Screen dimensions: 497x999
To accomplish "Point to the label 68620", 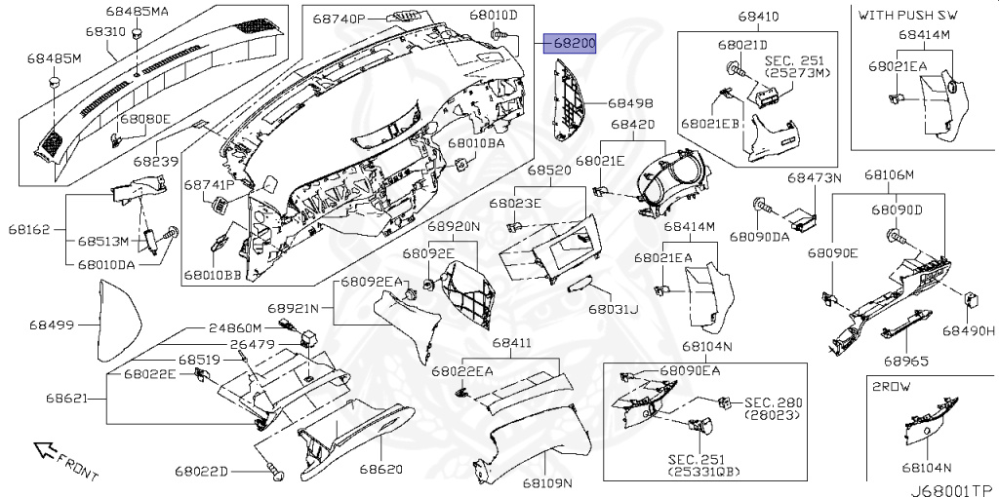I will point(380,469).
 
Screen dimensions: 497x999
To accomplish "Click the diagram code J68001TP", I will point(951,489).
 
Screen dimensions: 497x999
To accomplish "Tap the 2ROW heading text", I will point(892,385).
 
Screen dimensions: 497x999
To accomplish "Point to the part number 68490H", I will point(968,331).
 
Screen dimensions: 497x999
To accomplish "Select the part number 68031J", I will point(612,309).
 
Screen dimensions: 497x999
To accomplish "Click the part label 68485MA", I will point(138,13).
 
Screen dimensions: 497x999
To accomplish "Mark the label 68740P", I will point(339,19).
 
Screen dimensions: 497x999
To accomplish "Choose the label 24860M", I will point(234,328).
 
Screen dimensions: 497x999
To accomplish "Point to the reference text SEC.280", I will point(771,401).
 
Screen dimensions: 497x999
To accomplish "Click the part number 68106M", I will point(889,175).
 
